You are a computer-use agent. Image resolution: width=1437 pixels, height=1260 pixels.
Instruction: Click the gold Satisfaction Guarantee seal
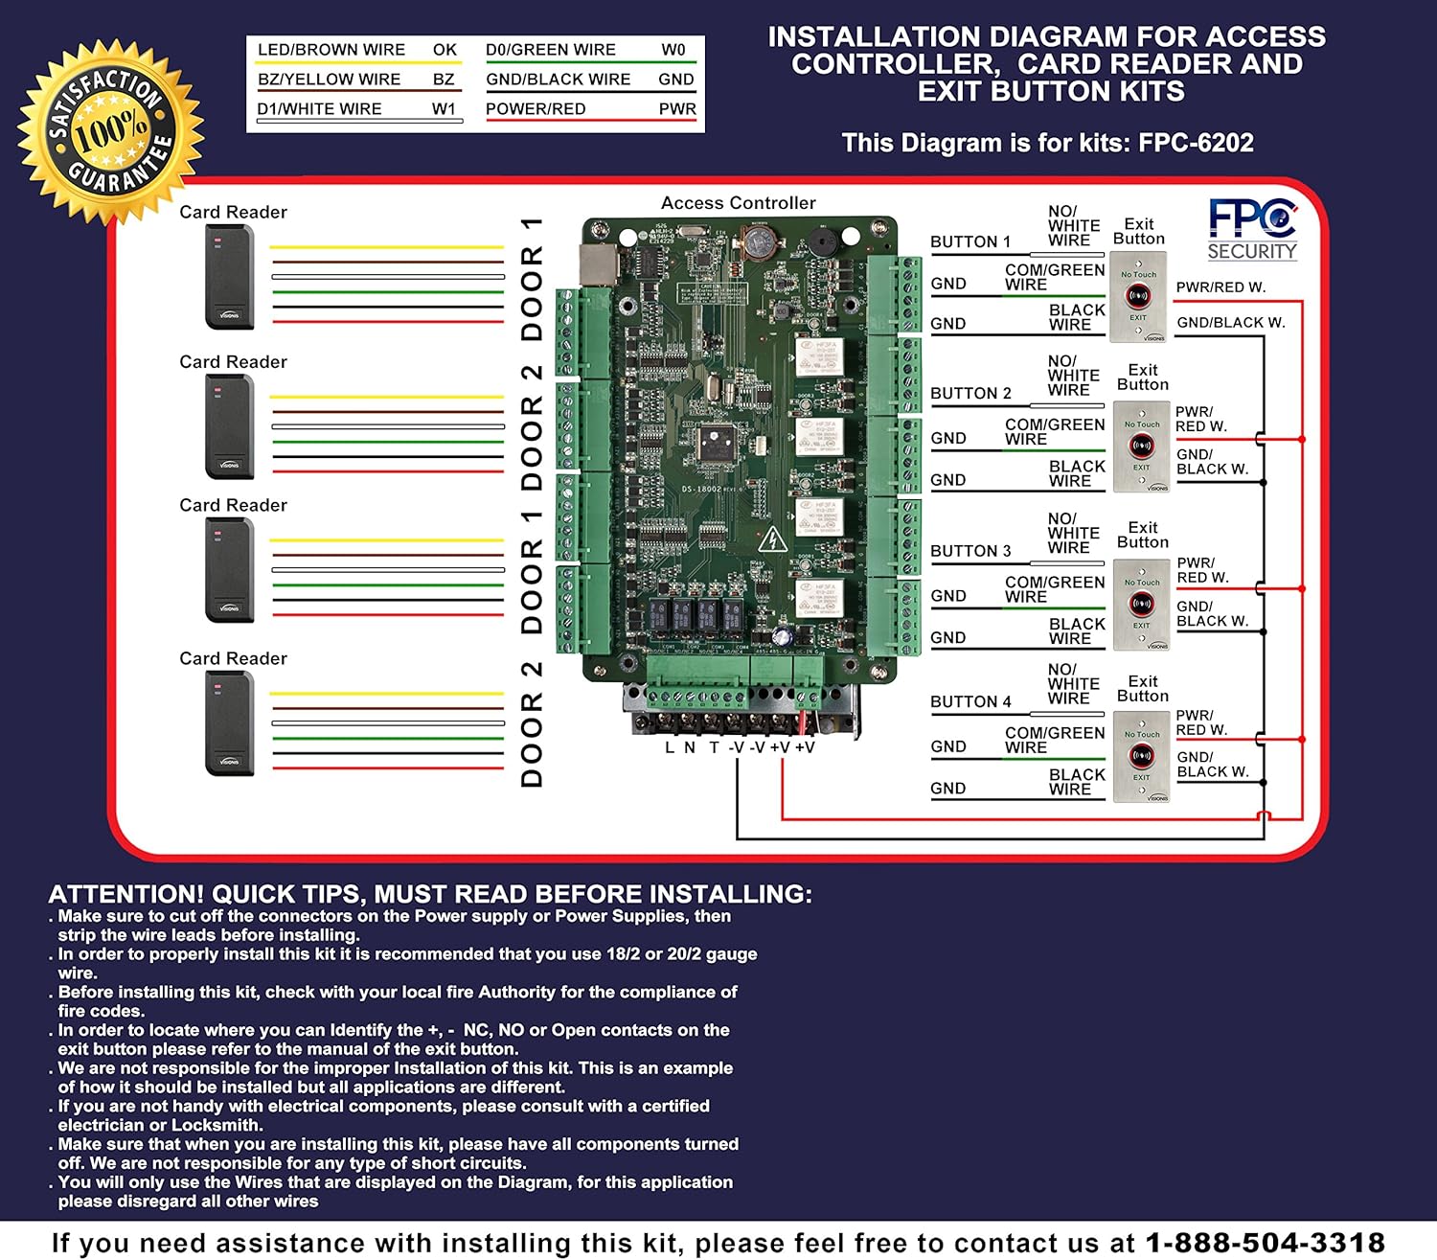click(110, 131)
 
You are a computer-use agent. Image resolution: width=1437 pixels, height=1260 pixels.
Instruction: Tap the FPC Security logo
click(1252, 228)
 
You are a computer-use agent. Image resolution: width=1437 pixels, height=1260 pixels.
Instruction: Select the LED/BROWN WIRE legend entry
click(331, 50)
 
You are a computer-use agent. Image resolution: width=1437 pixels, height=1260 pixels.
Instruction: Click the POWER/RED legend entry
click(536, 109)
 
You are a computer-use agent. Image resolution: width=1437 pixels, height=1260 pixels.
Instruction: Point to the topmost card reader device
click(230, 277)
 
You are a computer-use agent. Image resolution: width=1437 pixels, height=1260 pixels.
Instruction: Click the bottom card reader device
click(230, 722)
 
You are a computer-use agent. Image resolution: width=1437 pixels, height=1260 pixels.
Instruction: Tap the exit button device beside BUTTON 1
click(1138, 297)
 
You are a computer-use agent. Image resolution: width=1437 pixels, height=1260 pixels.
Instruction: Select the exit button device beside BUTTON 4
click(1141, 756)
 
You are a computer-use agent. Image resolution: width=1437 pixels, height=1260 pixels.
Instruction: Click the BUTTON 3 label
click(970, 551)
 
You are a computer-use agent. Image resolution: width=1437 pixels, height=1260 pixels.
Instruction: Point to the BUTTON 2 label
click(970, 393)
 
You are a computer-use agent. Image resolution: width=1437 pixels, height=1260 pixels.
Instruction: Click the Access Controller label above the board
click(738, 203)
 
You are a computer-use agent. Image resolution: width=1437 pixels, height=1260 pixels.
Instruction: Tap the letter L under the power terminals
click(670, 747)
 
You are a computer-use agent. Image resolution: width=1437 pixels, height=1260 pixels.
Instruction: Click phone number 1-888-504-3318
click(1265, 1243)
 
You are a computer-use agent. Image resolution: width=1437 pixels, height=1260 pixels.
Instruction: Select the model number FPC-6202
click(1196, 143)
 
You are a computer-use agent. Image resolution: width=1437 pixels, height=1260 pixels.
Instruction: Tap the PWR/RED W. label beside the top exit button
click(1220, 287)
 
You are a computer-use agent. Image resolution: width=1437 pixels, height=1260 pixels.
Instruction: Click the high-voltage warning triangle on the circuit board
click(771, 540)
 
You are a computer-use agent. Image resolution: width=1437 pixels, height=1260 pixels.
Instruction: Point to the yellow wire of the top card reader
click(387, 248)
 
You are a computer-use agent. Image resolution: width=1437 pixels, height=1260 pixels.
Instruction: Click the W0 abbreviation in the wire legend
click(673, 50)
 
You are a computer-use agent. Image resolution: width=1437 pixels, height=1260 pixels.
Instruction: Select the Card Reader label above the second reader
click(233, 362)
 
